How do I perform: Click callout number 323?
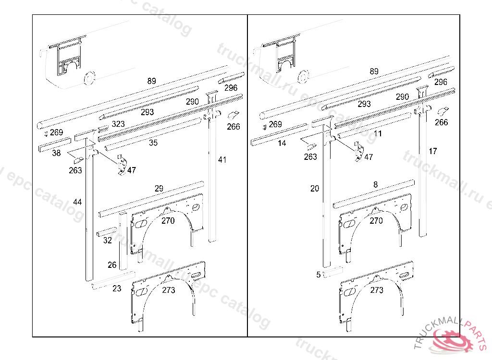tap(118, 124)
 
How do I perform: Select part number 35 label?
tap(153, 143)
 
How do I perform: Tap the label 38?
tap(56, 153)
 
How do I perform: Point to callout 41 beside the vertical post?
tap(221, 159)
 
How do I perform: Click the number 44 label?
tap(77, 203)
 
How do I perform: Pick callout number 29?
tap(159, 189)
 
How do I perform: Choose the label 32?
tap(108, 240)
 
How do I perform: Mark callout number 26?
tap(112, 265)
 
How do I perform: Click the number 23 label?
tap(117, 288)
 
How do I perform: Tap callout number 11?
tap(378, 133)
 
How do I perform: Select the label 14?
tap(282, 143)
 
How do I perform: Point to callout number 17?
tap(433, 151)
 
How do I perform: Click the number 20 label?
tap(315, 189)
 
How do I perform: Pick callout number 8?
tap(375, 184)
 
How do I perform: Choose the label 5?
tap(318, 275)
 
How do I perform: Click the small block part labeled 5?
tap(332, 274)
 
